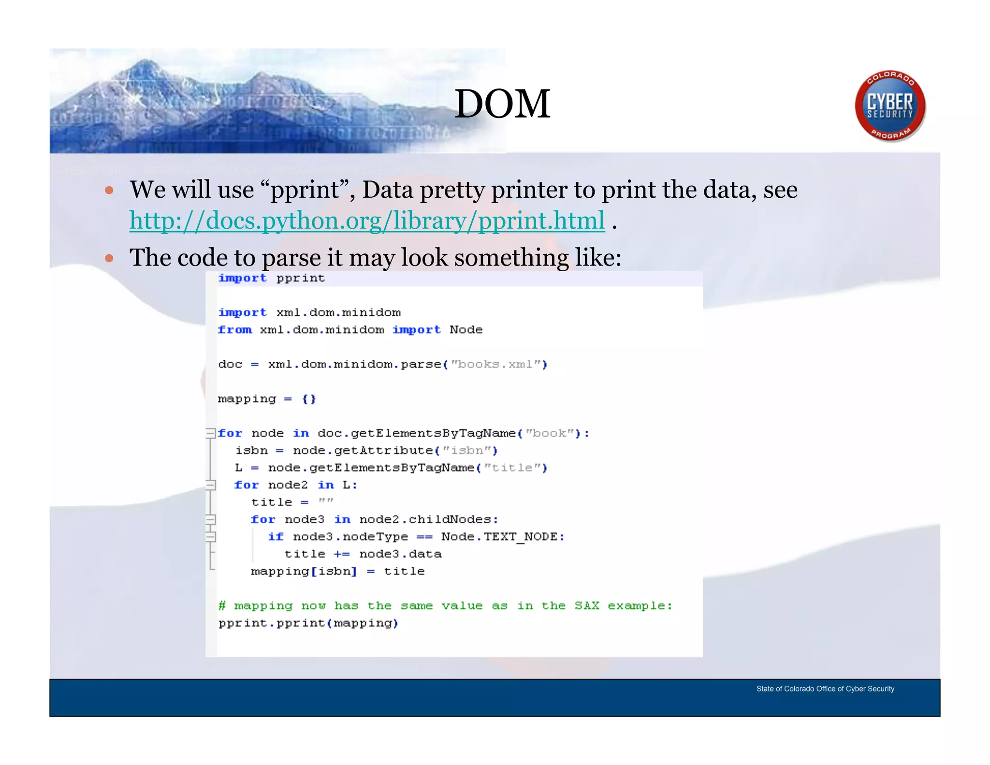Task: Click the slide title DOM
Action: [502, 104]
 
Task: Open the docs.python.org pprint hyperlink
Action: [367, 221]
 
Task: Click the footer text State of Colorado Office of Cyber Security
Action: [825, 689]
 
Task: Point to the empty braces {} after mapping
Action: [309, 399]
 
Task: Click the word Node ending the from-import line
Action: [466, 330]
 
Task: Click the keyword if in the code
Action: [276, 537]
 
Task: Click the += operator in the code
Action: [341, 554]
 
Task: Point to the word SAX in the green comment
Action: [586, 606]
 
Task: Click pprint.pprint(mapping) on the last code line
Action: [308, 623]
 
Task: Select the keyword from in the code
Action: [235, 330]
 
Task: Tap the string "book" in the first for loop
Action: [549, 433]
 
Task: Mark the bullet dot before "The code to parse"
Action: [109, 258]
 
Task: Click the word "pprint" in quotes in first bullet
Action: [305, 190]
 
